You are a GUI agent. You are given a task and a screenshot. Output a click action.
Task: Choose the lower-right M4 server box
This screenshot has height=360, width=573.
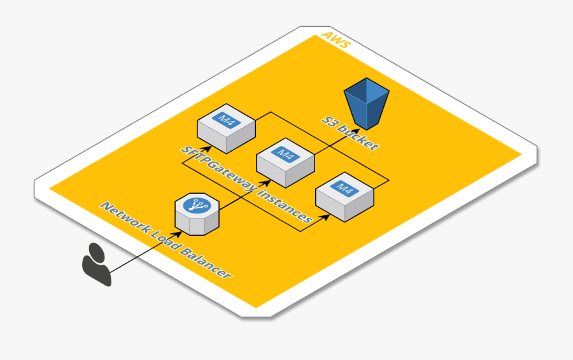(x=344, y=196)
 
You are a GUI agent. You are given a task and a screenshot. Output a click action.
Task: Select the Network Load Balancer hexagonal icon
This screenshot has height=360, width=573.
(x=197, y=213)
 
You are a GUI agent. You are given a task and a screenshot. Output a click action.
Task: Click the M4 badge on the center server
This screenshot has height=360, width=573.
(x=285, y=155)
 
